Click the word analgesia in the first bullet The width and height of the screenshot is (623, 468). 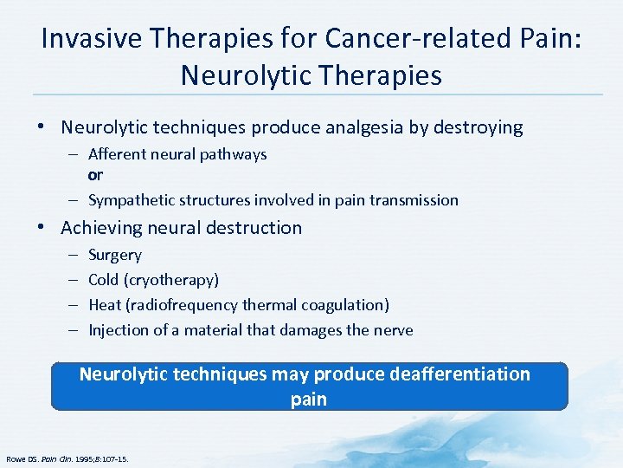[x=372, y=128]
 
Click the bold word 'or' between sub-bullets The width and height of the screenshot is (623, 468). [x=95, y=176]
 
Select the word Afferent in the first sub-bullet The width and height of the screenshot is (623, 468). [x=117, y=154]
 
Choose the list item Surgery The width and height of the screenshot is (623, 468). [x=115, y=256]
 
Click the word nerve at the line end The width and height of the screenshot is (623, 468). [x=394, y=330]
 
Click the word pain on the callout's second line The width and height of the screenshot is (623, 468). [x=310, y=400]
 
